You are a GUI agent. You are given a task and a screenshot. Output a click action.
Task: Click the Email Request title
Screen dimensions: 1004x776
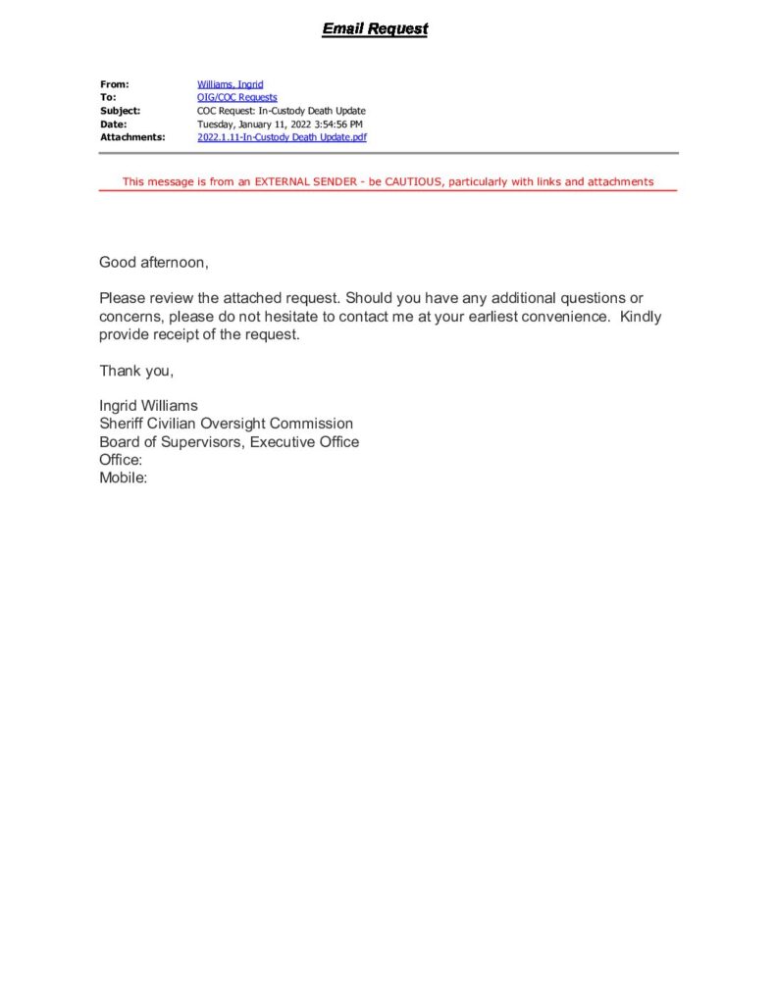point(375,29)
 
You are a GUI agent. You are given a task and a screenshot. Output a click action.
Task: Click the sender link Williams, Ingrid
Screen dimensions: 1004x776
point(230,84)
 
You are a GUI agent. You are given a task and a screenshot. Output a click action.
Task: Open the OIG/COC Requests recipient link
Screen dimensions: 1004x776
point(236,97)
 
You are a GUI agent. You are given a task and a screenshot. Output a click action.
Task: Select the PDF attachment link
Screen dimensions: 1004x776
point(282,137)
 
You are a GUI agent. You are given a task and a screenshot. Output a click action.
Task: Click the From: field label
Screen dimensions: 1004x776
point(114,84)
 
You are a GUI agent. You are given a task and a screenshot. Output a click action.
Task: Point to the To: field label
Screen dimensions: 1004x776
point(108,97)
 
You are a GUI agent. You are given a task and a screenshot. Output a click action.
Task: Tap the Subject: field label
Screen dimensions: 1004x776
point(120,111)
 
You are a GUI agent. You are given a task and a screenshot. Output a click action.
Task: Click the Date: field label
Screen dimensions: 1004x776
point(113,125)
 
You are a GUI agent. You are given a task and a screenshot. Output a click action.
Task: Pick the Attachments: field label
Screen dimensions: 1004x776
point(131,137)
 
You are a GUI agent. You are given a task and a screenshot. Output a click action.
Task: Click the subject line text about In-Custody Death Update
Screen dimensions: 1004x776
point(273,111)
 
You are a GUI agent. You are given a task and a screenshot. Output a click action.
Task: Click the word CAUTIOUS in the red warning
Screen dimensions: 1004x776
point(411,182)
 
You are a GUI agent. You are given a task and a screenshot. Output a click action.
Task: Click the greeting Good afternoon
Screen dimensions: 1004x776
point(154,262)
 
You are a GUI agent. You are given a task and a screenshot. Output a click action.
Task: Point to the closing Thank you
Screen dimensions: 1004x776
point(136,370)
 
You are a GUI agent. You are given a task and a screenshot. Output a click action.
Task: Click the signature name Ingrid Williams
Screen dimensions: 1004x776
point(148,406)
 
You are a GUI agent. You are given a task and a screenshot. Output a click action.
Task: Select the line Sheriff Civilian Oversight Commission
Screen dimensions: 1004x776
point(226,424)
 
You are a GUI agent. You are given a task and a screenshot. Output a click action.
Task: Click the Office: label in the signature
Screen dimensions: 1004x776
point(121,460)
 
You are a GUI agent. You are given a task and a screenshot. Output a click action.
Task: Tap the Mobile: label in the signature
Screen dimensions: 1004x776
point(123,478)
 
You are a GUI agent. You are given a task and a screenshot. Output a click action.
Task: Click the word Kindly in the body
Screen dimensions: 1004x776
point(641,317)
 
